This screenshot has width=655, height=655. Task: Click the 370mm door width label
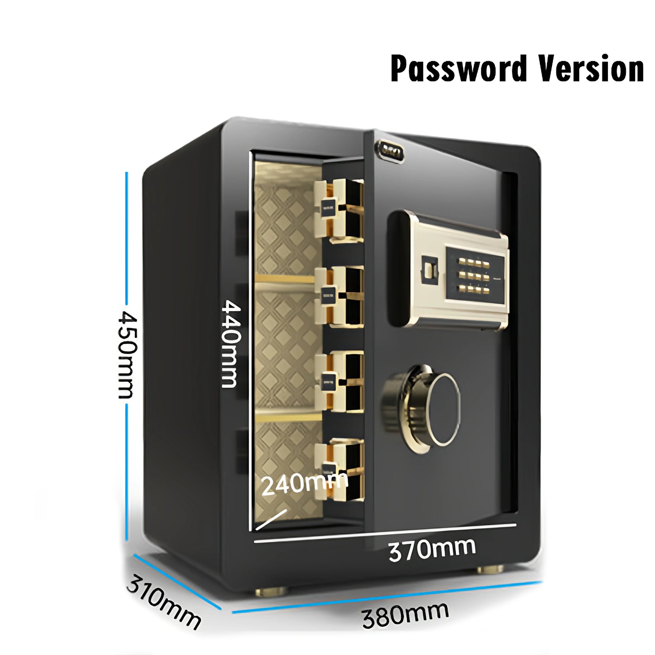coord(432,549)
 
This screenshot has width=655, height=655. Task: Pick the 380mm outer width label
coord(405,614)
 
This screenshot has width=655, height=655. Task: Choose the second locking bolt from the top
coord(340,296)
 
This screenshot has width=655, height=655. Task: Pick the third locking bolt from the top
coord(340,382)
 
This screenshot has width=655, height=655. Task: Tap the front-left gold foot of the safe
coord(271,591)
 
